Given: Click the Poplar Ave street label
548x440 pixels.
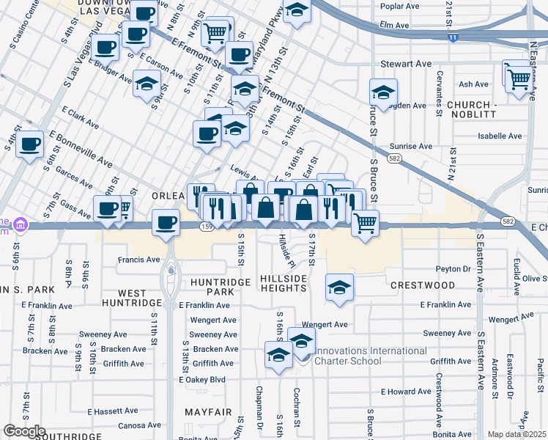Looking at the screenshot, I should (x=399, y=6).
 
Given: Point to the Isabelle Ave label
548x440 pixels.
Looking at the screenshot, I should (x=500, y=136).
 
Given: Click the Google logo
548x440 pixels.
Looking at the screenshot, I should (x=24, y=430).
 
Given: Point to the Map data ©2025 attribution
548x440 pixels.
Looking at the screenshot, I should (x=517, y=434).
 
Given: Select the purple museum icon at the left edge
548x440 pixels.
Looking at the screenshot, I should (x=21, y=224).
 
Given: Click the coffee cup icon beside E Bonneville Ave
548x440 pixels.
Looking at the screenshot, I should (x=30, y=144).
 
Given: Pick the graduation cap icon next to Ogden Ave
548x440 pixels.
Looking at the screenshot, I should (x=383, y=93).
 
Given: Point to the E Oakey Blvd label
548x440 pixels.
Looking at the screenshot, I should (x=201, y=380).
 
